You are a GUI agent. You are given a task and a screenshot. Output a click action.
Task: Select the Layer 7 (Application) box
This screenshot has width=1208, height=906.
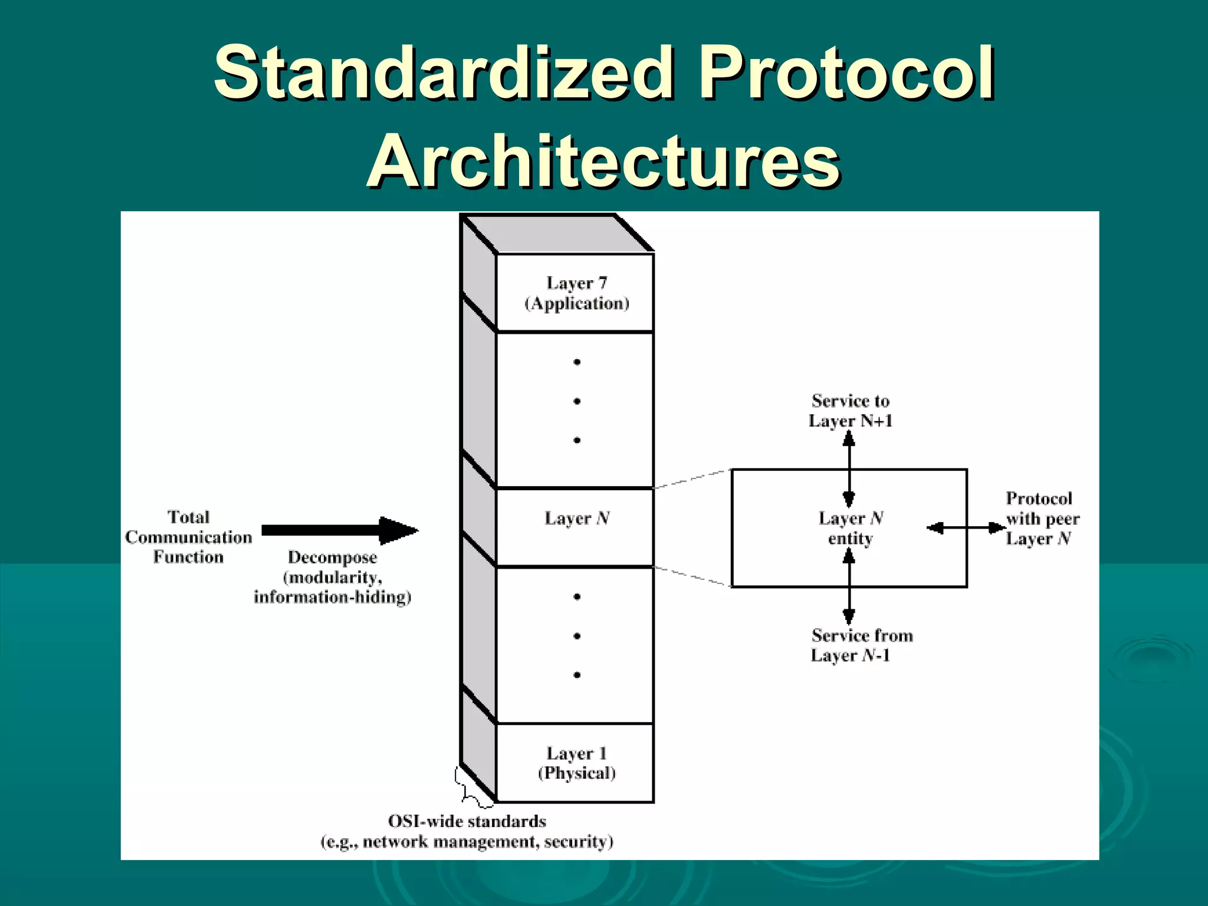click(x=576, y=293)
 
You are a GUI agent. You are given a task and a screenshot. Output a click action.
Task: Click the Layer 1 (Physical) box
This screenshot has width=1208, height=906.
click(x=576, y=763)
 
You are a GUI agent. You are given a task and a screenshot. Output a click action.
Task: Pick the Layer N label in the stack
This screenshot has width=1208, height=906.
click(x=576, y=518)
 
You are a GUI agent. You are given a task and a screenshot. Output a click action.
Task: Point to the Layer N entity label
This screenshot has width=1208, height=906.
click(x=850, y=528)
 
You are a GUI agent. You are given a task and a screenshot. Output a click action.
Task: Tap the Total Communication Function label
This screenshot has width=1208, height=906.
click(x=188, y=537)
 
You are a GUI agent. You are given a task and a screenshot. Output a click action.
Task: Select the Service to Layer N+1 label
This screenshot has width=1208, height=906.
click(x=850, y=411)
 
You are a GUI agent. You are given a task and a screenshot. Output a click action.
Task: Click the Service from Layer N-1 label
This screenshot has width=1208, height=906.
click(x=861, y=645)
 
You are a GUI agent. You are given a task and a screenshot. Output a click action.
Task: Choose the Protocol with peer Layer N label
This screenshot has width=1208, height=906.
click(x=1042, y=518)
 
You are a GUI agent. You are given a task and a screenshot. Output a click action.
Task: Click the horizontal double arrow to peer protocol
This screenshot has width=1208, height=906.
click(x=966, y=528)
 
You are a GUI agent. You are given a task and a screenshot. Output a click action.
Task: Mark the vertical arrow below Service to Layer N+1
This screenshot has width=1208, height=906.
click(x=849, y=468)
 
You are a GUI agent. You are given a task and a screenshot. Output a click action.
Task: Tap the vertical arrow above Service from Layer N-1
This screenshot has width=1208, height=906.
click(x=849, y=586)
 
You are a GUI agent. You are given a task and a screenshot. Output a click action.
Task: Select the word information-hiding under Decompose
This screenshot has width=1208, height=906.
click(x=332, y=598)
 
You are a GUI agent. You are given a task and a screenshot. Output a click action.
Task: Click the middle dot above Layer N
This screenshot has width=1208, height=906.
click(x=577, y=401)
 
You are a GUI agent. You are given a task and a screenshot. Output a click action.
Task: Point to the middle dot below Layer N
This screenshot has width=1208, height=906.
click(x=577, y=636)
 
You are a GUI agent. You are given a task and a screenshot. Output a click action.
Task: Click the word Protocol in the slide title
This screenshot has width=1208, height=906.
click(x=847, y=74)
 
